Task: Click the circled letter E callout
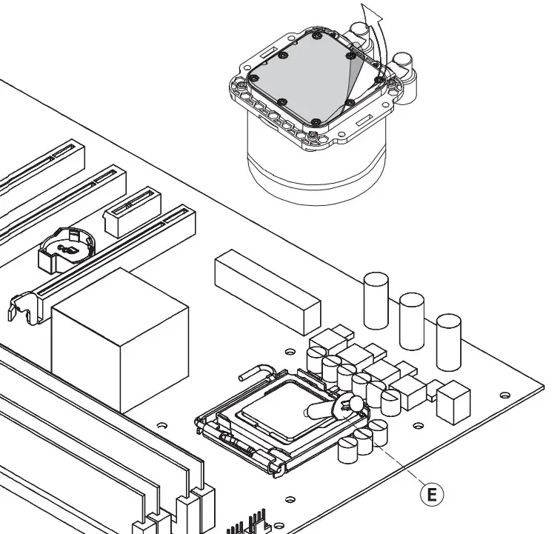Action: (433, 493)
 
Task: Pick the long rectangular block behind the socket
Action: (267, 290)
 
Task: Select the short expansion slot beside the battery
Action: (133, 211)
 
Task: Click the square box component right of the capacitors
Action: (453, 403)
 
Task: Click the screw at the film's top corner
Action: (316, 34)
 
